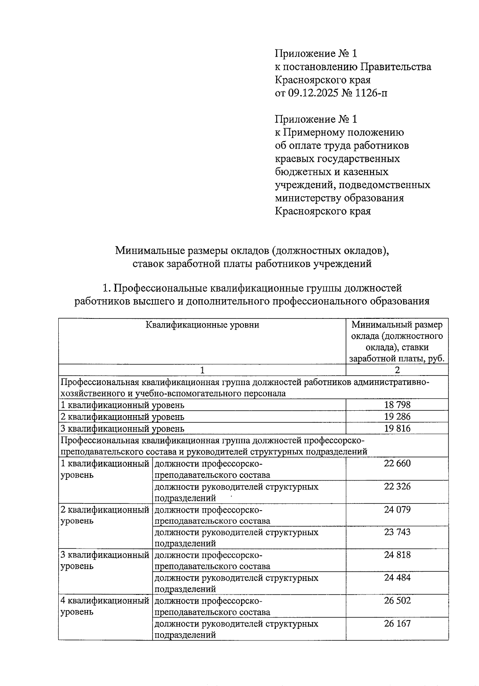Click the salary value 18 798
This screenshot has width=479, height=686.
[x=397, y=405]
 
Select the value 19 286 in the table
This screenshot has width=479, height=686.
[x=397, y=417]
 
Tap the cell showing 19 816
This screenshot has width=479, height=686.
[x=397, y=428]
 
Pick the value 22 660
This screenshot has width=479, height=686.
[x=397, y=463]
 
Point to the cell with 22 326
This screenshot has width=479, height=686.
[x=397, y=487]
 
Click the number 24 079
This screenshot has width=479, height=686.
[x=397, y=510]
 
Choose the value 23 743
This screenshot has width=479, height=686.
[x=397, y=532]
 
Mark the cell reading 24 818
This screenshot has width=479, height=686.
[x=397, y=555]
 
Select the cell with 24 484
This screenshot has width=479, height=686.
[x=397, y=578]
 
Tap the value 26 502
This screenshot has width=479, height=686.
[x=397, y=601]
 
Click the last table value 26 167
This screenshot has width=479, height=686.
[x=397, y=624]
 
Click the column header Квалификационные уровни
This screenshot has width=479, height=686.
[x=202, y=325]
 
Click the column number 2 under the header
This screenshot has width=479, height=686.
[x=397, y=370]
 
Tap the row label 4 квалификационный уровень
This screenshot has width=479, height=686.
[x=105, y=606]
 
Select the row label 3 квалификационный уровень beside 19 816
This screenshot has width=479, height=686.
[x=122, y=429]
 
